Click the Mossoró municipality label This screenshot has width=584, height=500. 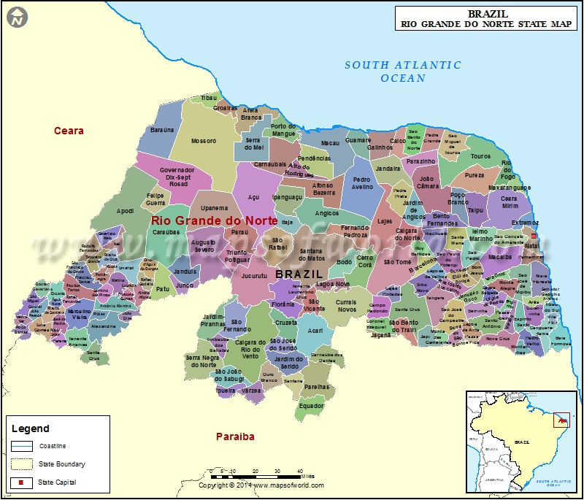pyautogui.click(x=204, y=141)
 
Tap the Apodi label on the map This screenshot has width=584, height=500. pyautogui.click(x=125, y=211)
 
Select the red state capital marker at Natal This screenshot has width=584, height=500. pyautogui.click(x=534, y=236)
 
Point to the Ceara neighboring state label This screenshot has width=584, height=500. pyautogui.click(x=69, y=131)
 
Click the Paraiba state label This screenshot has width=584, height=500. pyautogui.click(x=235, y=436)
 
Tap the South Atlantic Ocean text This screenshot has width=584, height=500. pyautogui.click(x=403, y=71)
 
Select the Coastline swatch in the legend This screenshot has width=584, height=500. pyautogui.click(x=22, y=445)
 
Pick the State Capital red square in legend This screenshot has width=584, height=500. pyautogui.click(x=22, y=482)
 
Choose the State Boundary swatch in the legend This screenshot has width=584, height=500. pyautogui.click(x=22, y=464)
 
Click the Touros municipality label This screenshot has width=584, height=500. pyautogui.click(x=480, y=156)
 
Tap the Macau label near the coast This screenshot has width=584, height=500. pyautogui.click(x=330, y=143)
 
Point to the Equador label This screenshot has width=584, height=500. pyautogui.click(x=311, y=405)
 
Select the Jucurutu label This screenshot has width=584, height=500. pyautogui.click(x=254, y=277)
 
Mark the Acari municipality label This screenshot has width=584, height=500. pyautogui.click(x=315, y=331)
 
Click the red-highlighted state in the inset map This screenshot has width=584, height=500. pyautogui.click(x=563, y=421)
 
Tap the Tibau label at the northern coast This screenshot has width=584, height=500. pyautogui.click(x=210, y=97)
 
